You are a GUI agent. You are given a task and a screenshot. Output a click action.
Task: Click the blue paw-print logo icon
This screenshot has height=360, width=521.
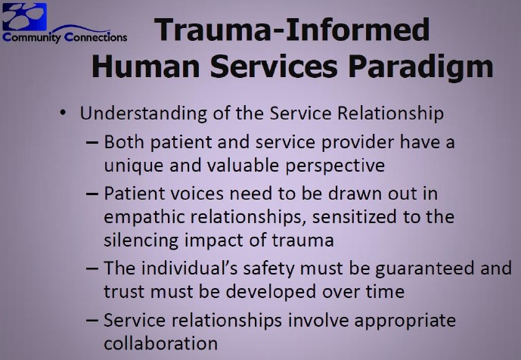(x=25, y=17)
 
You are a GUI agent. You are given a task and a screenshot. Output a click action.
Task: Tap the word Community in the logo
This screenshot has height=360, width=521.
(x=32, y=37)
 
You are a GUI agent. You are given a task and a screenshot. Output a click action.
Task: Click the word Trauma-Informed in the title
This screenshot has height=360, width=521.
(x=292, y=29)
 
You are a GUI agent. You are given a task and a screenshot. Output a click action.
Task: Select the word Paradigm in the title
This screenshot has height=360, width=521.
(x=420, y=67)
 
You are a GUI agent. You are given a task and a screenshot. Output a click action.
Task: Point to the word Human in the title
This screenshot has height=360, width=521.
(x=145, y=66)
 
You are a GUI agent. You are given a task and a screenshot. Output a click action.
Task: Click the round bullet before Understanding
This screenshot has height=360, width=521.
(x=63, y=113)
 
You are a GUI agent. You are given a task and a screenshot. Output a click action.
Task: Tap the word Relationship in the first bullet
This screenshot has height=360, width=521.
(x=390, y=113)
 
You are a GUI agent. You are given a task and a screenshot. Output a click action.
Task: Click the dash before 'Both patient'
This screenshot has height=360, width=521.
(x=92, y=143)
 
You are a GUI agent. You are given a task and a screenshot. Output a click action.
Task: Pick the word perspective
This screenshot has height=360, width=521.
(x=335, y=166)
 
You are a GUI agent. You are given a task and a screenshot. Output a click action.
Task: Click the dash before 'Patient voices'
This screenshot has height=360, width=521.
(x=92, y=194)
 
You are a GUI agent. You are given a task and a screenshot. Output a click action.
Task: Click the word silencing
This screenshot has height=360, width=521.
(x=141, y=241)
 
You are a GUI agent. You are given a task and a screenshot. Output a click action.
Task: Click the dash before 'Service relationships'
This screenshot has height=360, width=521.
(x=92, y=321)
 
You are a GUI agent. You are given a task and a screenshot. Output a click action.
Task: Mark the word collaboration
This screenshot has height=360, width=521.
(x=161, y=343)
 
